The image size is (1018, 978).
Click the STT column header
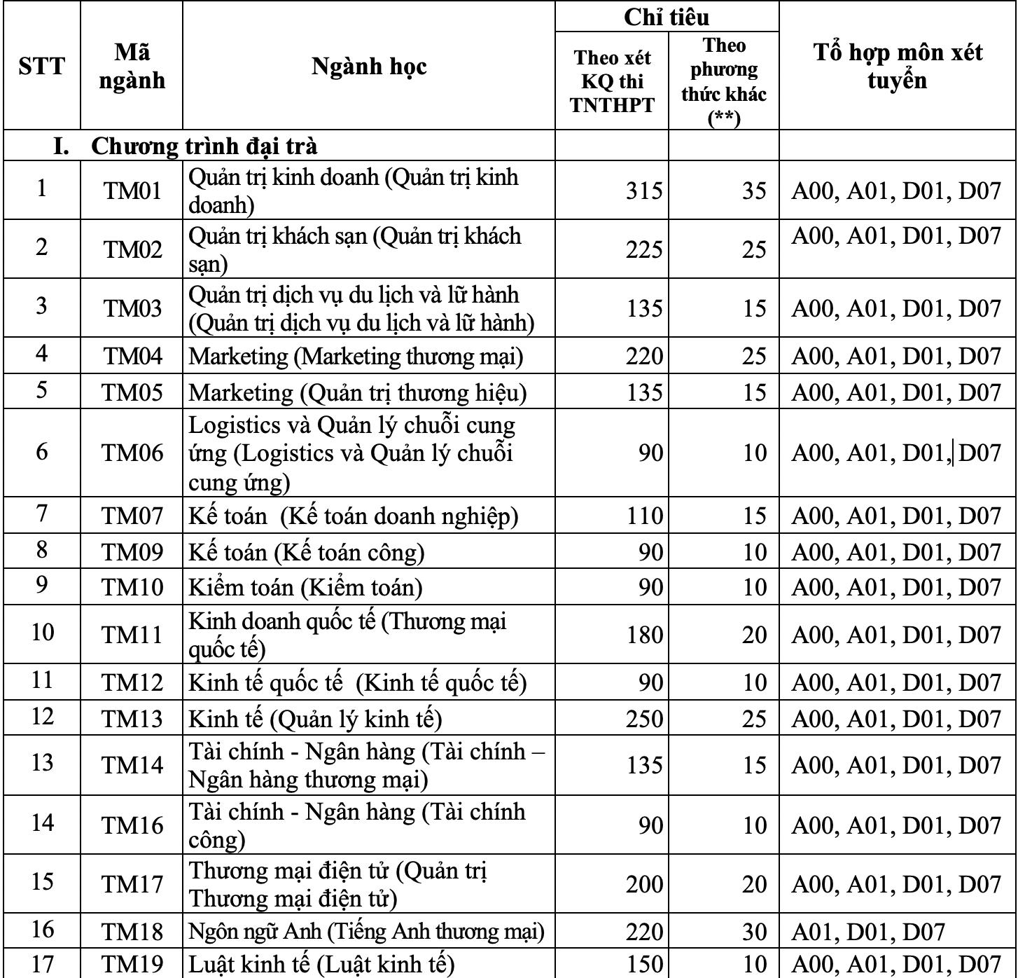pyautogui.click(x=42, y=66)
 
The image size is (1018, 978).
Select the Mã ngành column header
pyautogui.click(x=132, y=66)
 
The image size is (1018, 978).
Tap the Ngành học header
pyautogui.click(x=369, y=66)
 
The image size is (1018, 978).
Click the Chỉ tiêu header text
pyautogui.click(x=667, y=17)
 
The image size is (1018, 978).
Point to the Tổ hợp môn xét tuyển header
pyautogui.click(x=898, y=66)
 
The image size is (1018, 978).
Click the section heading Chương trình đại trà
pyautogui.click(x=203, y=146)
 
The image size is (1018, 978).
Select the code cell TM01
pyautogui.click(x=132, y=190)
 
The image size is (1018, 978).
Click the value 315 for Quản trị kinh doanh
pyautogui.click(x=643, y=191)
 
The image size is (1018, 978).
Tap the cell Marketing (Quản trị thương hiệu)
pyautogui.click(x=358, y=392)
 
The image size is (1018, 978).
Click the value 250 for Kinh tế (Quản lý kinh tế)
pyautogui.click(x=643, y=719)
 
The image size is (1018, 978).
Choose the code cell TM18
pyautogui.click(x=132, y=932)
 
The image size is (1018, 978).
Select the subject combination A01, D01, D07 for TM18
pyautogui.click(x=868, y=932)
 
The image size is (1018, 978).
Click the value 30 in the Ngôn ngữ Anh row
pyautogui.click(x=754, y=932)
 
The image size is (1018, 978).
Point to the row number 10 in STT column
pyautogui.click(x=42, y=633)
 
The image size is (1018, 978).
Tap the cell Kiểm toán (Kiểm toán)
pyautogui.click(x=306, y=587)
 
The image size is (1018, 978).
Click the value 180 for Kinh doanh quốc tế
pyautogui.click(x=643, y=635)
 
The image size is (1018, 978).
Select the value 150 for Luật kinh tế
pyautogui.click(x=643, y=965)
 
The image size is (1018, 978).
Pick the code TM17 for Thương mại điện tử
pyautogui.click(x=132, y=884)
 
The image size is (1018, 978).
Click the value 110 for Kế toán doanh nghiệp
pyautogui.click(x=643, y=516)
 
